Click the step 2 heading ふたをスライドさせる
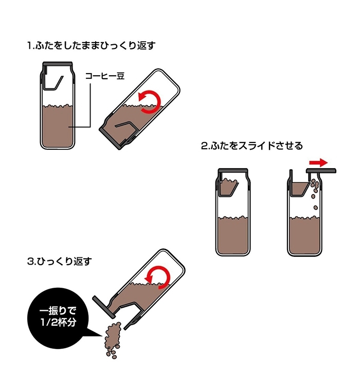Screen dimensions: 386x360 (251, 146)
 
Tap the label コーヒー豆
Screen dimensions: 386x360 (105, 76)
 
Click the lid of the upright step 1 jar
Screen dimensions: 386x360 (58, 63)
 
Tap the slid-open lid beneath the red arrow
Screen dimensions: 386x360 (321, 170)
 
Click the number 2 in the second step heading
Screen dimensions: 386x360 (204, 146)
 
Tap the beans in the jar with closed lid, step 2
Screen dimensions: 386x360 (234, 234)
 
